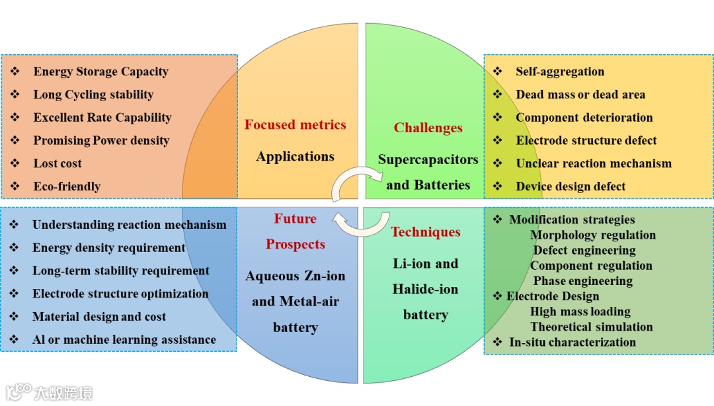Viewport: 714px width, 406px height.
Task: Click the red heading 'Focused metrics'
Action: pyautogui.click(x=295, y=125)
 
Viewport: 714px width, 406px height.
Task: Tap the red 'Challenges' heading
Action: pyautogui.click(x=428, y=128)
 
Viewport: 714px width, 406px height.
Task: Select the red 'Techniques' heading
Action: pyautogui.click(x=425, y=232)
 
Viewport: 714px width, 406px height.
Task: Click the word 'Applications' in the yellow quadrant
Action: pyautogui.click(x=295, y=157)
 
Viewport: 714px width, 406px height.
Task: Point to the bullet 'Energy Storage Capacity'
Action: pyautogui.click(x=100, y=72)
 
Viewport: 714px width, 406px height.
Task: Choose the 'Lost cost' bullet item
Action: pyautogui.click(x=58, y=163)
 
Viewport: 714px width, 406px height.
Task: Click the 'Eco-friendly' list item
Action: pyautogui.click(x=67, y=186)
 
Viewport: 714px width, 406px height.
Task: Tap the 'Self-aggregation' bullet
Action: pyautogui.click(x=559, y=71)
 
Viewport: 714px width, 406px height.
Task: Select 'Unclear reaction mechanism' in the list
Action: pyautogui.click(x=593, y=163)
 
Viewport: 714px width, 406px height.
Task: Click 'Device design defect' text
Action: pyautogui.click(x=570, y=186)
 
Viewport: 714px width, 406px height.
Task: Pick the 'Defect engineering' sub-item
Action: pyautogui.click(x=584, y=251)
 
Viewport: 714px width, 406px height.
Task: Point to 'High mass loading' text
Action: pyautogui.click(x=580, y=311)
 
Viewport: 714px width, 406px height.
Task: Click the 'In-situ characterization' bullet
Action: pyautogui.click(x=572, y=343)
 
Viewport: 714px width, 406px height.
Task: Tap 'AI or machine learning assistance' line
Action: pyautogui.click(x=124, y=340)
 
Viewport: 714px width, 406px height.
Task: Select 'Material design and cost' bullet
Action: pyautogui.click(x=99, y=317)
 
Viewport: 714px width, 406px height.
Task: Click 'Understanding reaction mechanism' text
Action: pyautogui.click(x=129, y=225)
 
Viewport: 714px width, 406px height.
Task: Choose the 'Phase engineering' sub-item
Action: pyautogui.click(x=582, y=281)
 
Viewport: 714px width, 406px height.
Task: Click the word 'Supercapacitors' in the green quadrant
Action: pyautogui.click(x=428, y=160)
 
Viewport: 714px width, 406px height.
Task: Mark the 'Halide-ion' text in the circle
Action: pyautogui.click(x=425, y=290)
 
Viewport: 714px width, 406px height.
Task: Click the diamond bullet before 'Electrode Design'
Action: pyautogui.click(x=497, y=296)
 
